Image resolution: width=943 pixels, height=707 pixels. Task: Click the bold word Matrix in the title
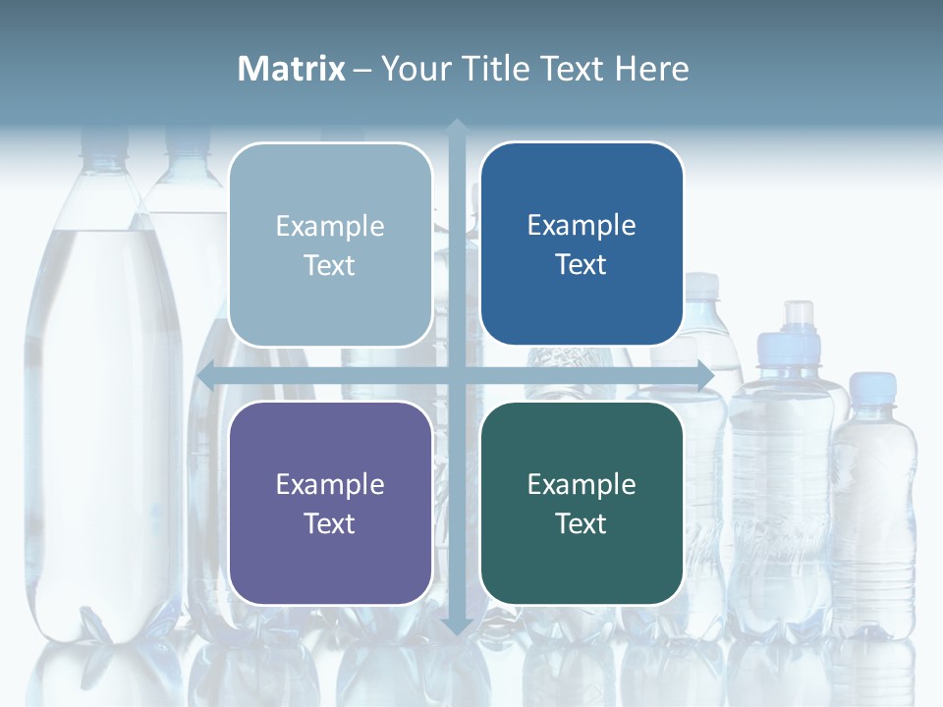point(292,69)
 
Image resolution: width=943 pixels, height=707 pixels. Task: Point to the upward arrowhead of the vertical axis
point(457,127)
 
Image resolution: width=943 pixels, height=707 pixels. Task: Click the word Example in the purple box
point(330,484)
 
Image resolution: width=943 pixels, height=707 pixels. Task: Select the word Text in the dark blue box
point(582,264)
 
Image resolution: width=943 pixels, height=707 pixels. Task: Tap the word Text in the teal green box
point(582,523)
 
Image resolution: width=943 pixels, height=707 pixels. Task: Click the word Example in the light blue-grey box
point(330,226)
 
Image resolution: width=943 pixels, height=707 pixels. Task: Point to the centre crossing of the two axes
point(457,376)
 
